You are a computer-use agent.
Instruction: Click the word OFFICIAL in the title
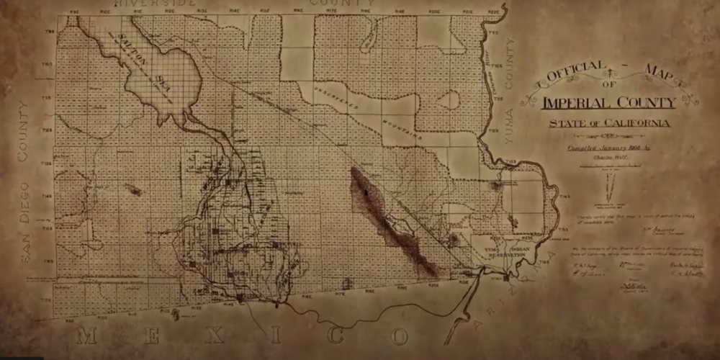(x=576, y=74)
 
